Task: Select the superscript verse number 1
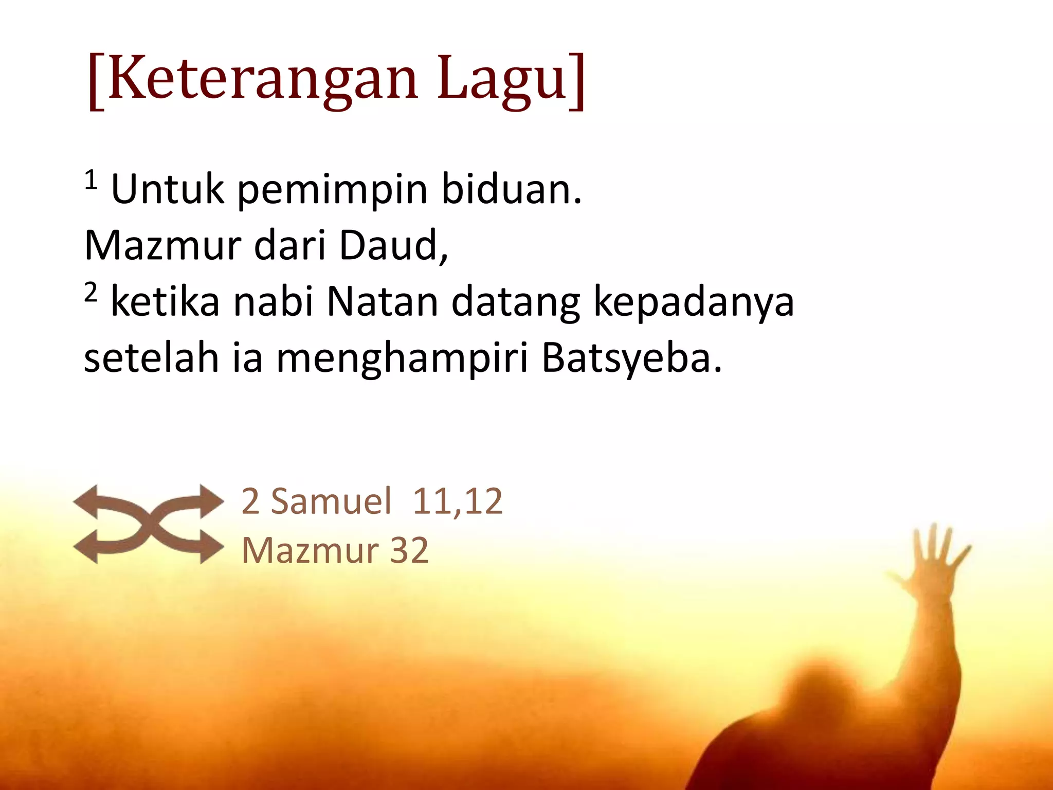click(90, 181)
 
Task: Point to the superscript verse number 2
click(90, 293)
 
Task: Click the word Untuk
click(168, 189)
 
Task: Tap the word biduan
click(512, 189)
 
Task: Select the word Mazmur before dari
click(162, 246)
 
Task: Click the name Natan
click(383, 302)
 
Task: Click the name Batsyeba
click(631, 359)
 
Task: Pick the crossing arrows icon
click(149, 524)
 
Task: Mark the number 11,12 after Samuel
click(457, 501)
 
